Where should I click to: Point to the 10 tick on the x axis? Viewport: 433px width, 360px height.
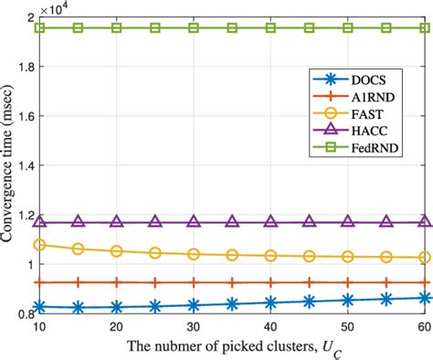coord(39,326)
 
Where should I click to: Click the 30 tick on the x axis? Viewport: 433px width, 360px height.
coord(194,326)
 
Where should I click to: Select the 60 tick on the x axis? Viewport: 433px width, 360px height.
coord(424,326)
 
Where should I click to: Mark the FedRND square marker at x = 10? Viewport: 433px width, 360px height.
coord(39,28)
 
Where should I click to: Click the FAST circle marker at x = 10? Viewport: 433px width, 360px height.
coord(39,245)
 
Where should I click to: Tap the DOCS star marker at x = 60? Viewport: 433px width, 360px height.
coord(424,297)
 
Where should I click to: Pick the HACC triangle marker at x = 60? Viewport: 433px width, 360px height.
coord(424,221)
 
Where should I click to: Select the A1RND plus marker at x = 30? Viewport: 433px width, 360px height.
coord(194,283)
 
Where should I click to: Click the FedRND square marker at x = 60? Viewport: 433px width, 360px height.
coord(424,28)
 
